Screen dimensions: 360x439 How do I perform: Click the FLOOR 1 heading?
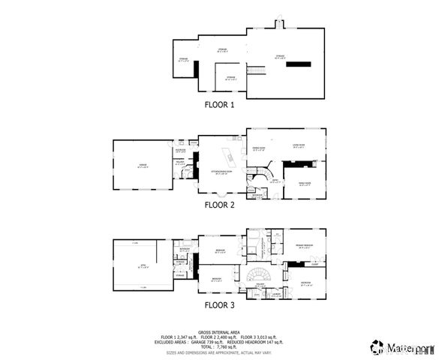click(x=220, y=105)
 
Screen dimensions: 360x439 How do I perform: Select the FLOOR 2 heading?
click(x=220, y=204)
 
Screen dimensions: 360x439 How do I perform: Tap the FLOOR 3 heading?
click(x=220, y=304)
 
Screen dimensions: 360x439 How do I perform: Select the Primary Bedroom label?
click(x=304, y=247)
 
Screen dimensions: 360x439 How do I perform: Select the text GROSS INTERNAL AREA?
click(x=219, y=331)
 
